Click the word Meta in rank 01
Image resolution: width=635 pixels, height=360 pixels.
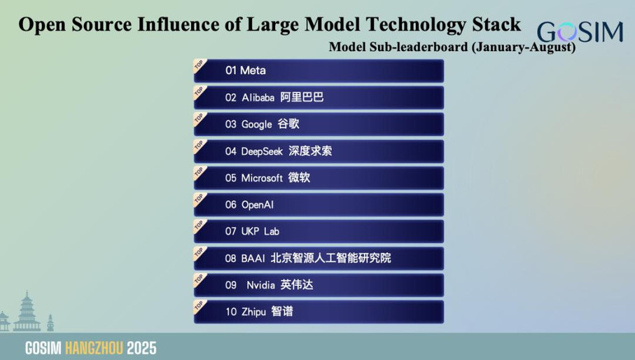click(x=253, y=71)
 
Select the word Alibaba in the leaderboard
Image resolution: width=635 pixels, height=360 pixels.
click(x=258, y=97)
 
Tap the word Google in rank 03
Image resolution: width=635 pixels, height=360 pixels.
click(x=256, y=125)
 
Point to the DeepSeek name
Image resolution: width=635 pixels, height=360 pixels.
click(x=262, y=151)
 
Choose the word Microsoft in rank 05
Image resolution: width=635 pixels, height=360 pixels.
click(x=262, y=178)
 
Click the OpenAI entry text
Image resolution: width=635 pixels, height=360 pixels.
click(x=258, y=205)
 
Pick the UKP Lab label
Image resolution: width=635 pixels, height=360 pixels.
click(x=260, y=231)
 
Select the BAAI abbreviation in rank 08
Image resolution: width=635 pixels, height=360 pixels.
click(x=253, y=258)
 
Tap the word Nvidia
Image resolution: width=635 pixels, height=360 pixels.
click(x=261, y=285)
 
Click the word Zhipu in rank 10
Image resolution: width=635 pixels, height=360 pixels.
click(x=254, y=312)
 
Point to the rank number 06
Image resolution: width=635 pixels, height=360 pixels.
click(x=231, y=205)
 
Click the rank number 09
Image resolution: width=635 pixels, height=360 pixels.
click(x=231, y=285)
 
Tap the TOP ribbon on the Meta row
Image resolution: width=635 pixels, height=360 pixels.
click(x=200, y=66)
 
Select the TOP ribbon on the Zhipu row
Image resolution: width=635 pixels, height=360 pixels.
click(x=200, y=307)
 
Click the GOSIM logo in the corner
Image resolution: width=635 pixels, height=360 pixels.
click(x=580, y=32)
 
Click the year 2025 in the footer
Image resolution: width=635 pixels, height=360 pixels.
click(x=141, y=348)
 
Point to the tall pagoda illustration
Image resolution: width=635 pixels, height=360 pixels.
click(x=27, y=311)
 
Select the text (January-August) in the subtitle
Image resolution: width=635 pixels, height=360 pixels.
click(x=523, y=47)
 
